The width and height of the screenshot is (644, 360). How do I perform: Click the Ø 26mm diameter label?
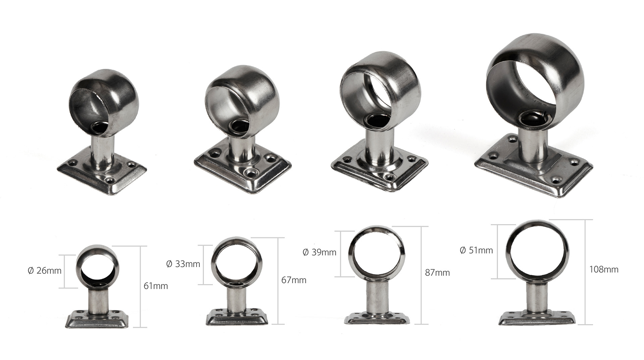tap(45, 270)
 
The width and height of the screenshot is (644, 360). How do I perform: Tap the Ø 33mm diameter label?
tap(183, 264)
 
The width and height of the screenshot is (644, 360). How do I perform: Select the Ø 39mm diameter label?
tap(319, 252)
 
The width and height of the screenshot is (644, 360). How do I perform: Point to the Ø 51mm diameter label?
tap(476, 250)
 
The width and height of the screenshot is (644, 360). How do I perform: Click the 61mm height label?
tap(156, 286)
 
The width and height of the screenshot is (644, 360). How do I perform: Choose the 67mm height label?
tap(294, 280)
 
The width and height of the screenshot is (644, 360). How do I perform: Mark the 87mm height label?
tap(437, 273)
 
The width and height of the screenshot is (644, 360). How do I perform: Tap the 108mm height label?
tap(604, 269)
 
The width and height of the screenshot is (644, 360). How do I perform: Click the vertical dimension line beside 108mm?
tap(586, 272)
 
